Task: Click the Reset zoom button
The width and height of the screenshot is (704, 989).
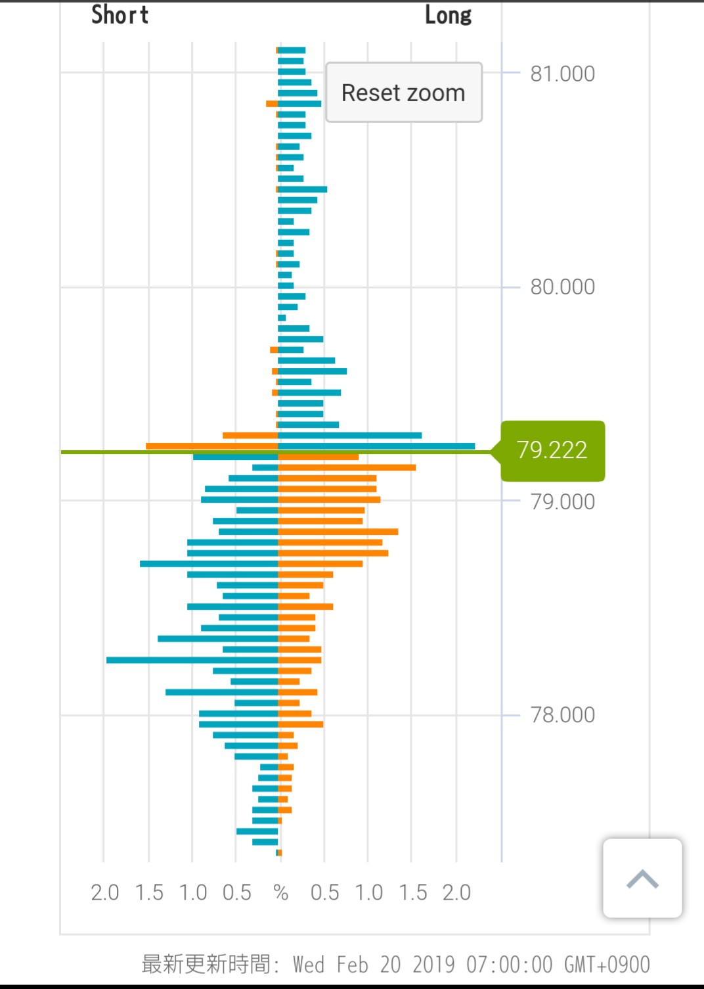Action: click(x=404, y=93)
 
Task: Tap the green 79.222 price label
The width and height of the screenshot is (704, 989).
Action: click(x=552, y=450)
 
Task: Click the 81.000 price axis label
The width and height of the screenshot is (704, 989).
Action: click(x=562, y=74)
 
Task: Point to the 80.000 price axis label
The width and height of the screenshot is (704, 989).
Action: click(x=562, y=287)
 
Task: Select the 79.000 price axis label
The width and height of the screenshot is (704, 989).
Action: click(x=562, y=501)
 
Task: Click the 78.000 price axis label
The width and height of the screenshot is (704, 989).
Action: click(x=562, y=714)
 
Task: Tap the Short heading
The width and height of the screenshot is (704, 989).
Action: click(x=120, y=14)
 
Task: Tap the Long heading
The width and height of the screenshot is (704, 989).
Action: click(x=448, y=15)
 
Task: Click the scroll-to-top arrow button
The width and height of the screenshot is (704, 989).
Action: click(x=642, y=878)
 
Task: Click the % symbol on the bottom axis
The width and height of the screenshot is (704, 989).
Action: click(x=280, y=892)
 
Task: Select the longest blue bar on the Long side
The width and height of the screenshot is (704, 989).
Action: click(x=376, y=446)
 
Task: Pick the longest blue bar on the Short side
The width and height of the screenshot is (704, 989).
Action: click(x=192, y=660)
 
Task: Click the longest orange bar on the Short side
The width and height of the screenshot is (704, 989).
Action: click(x=211, y=446)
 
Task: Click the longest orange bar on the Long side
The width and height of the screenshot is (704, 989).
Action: click(x=347, y=468)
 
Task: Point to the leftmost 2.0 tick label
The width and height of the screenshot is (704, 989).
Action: click(x=104, y=892)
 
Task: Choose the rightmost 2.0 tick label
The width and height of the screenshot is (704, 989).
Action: click(x=456, y=892)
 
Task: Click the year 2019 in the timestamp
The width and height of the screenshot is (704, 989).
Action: click(x=433, y=964)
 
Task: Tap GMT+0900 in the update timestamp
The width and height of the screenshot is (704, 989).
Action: click(x=607, y=964)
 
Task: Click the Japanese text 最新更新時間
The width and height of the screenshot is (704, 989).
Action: click(x=206, y=964)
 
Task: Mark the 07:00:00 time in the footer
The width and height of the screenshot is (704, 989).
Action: click(x=509, y=964)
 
